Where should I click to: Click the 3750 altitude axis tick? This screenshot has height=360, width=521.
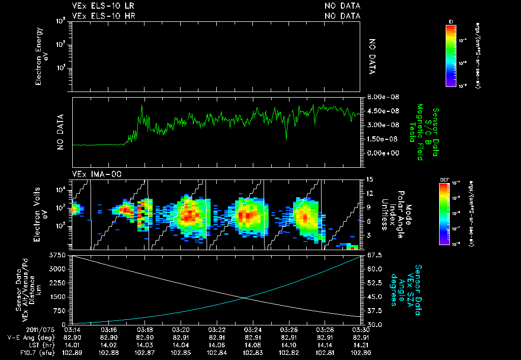59,255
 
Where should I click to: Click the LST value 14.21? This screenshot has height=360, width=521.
360,345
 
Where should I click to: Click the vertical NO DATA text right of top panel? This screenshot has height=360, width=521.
372,56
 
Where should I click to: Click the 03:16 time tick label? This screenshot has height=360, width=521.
109,329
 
